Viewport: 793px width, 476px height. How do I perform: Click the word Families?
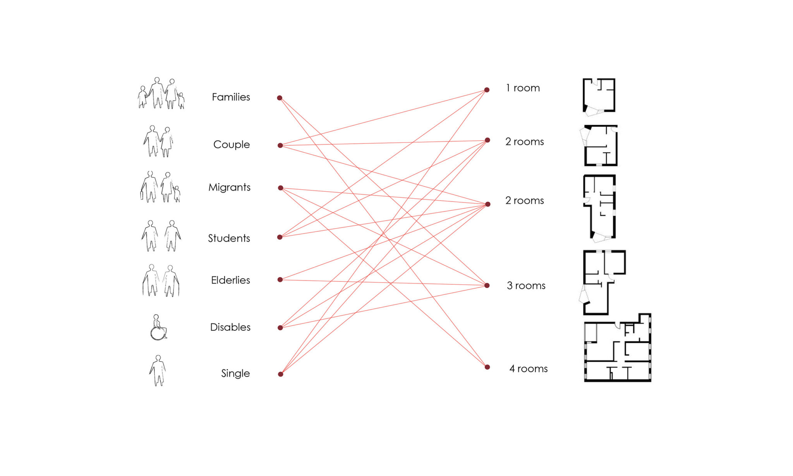(x=231, y=97)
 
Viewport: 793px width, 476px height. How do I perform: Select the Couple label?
(x=232, y=144)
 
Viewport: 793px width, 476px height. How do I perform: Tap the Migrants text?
(x=229, y=187)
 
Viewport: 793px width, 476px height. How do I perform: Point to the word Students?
(x=229, y=238)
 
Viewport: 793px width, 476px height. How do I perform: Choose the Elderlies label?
(x=230, y=280)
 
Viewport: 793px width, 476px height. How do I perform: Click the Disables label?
(x=230, y=327)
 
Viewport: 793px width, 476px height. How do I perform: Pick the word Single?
(x=235, y=373)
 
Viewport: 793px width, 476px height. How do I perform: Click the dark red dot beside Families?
(x=280, y=98)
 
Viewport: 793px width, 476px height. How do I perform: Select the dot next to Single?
(x=280, y=374)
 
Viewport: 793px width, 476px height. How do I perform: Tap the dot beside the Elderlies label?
(x=280, y=279)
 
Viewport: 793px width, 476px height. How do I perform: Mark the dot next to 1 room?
(x=487, y=90)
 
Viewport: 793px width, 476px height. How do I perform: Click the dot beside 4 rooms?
(x=487, y=367)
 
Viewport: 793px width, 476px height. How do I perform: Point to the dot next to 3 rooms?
(x=487, y=285)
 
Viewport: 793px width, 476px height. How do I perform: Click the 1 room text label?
(x=523, y=88)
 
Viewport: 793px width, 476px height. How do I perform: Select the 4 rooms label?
(x=528, y=369)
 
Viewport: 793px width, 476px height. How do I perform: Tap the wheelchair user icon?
(x=158, y=328)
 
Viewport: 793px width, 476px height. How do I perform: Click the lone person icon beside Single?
(x=158, y=371)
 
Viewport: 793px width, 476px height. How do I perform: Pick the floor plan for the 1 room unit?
(x=599, y=97)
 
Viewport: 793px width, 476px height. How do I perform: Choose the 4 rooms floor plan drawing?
(x=618, y=348)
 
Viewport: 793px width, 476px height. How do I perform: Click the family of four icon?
(x=161, y=93)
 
